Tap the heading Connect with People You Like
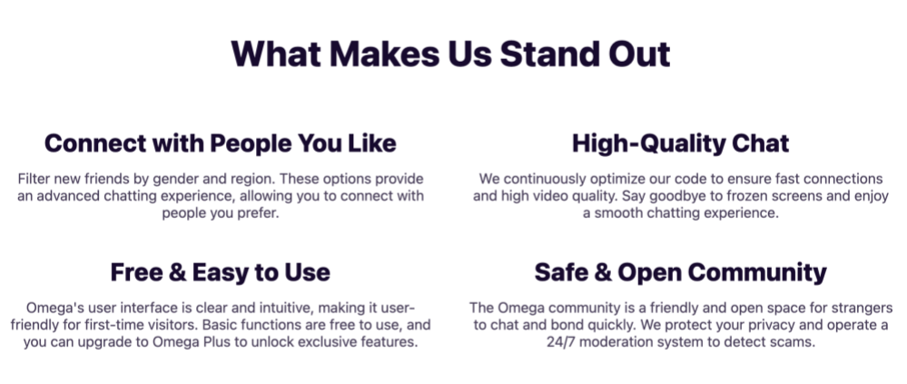pos(221,143)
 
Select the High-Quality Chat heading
pos(681,143)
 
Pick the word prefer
pos(257,213)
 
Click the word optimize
pos(616,179)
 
